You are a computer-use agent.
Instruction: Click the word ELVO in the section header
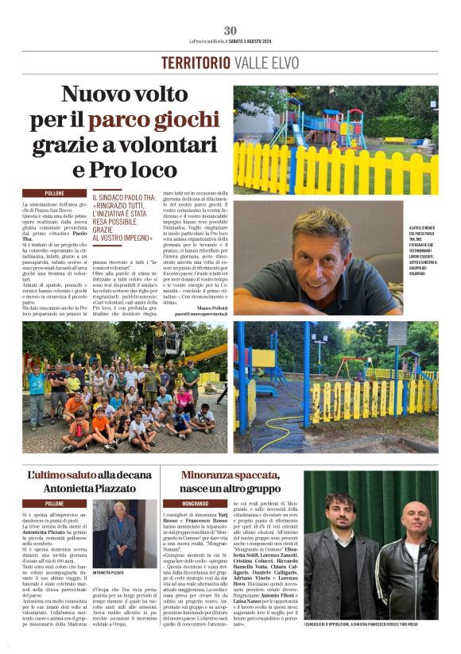[285, 63]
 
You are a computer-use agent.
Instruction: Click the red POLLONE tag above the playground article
[55, 193]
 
